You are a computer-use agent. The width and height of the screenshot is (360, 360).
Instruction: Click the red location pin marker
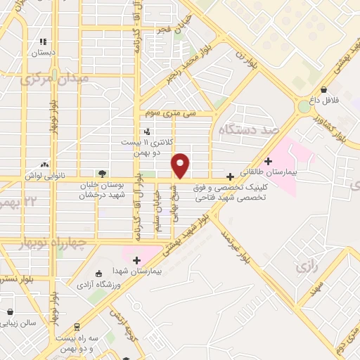pyautogui.click(x=181, y=165)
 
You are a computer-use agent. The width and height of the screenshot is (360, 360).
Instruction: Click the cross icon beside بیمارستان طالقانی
pyautogui.click(x=267, y=161)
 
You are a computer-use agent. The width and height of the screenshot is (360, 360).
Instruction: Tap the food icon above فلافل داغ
pyautogui.click(x=323, y=90)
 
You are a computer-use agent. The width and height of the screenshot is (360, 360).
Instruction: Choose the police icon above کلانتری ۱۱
pyautogui.click(x=146, y=131)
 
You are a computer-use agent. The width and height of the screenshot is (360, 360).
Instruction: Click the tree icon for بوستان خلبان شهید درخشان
pyautogui.click(x=103, y=173)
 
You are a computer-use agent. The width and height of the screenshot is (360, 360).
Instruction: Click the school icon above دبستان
pyautogui.click(x=44, y=41)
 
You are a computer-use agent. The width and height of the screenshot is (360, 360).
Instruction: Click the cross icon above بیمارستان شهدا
pyautogui.click(x=136, y=260)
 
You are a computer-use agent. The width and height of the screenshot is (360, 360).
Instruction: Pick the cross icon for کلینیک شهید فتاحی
pyautogui.click(x=230, y=176)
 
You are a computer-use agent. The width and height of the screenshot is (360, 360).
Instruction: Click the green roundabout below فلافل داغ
pyautogui.click(x=305, y=107)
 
